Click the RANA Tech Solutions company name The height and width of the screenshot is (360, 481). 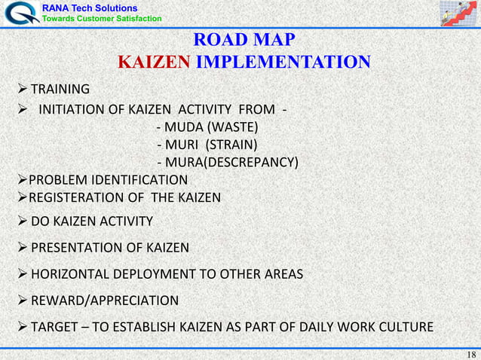pos(89,8)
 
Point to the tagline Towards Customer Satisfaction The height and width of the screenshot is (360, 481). pos(100,18)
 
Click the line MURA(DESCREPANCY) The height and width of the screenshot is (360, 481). pos(226,163)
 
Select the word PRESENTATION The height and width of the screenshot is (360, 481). pos(75,248)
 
